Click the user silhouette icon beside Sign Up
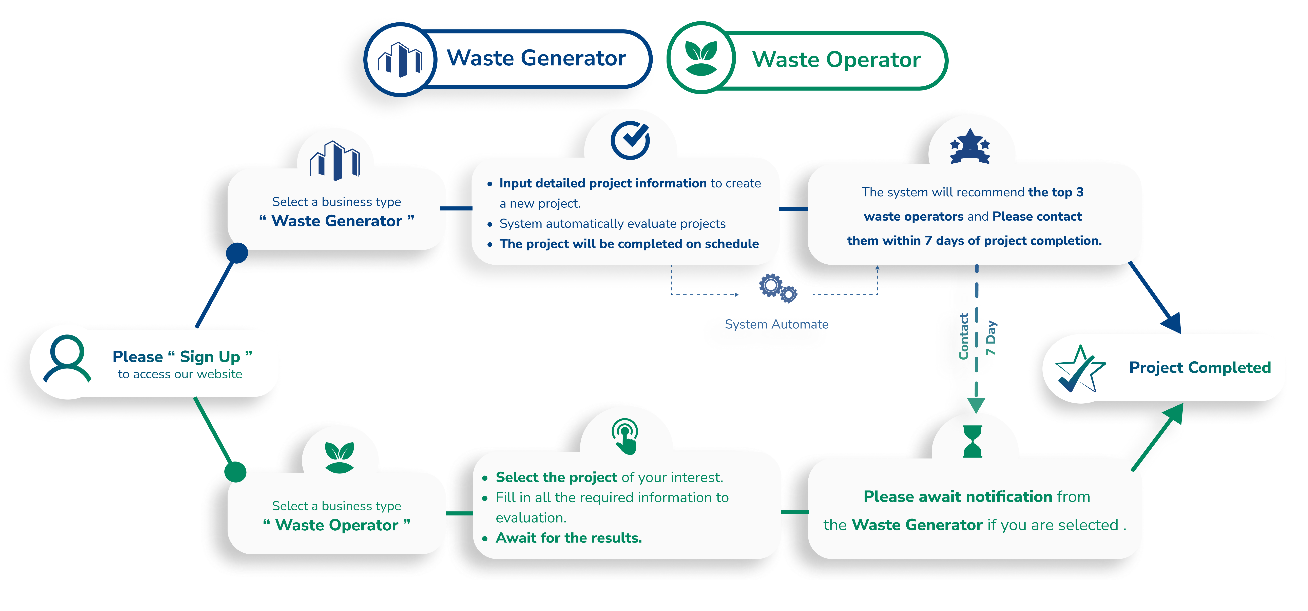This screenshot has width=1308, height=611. [67, 358]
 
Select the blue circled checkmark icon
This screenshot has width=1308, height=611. [630, 140]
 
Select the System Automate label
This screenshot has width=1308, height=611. [776, 324]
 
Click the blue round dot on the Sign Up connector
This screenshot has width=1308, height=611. [237, 253]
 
